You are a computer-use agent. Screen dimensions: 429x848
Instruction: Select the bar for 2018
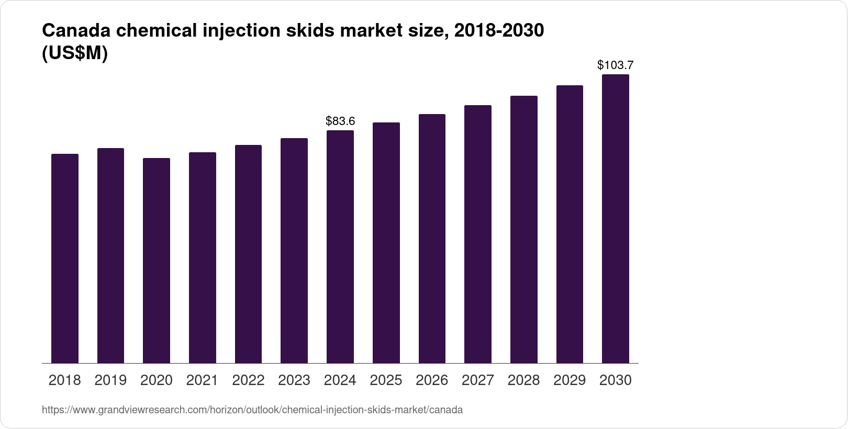pyautogui.click(x=65, y=258)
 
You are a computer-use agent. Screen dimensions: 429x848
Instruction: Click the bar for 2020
pyautogui.click(x=157, y=261)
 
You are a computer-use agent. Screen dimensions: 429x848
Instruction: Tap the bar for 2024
pyautogui.click(x=340, y=247)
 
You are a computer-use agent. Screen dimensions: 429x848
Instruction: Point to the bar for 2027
pyautogui.click(x=478, y=234)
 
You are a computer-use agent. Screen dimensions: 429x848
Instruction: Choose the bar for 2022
pyautogui.click(x=248, y=254)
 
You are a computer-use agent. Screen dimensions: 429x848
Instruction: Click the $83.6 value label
pyautogui.click(x=340, y=121)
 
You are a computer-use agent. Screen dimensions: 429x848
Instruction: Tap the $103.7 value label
pyautogui.click(x=616, y=65)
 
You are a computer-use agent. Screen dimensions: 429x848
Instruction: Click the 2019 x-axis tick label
pyautogui.click(x=110, y=380)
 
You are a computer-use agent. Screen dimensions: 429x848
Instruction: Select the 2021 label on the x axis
pyautogui.click(x=202, y=380)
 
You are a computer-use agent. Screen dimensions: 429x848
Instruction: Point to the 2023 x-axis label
pyautogui.click(x=294, y=380)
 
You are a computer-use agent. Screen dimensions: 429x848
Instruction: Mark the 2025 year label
pyautogui.click(x=386, y=380)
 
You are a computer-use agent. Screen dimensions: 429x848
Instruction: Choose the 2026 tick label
pyautogui.click(x=432, y=380)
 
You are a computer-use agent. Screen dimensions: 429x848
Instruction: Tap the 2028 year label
pyautogui.click(x=523, y=380)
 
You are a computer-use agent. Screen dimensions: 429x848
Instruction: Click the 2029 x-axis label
pyautogui.click(x=570, y=380)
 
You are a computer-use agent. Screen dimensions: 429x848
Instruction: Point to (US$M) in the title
pyautogui.click(x=74, y=53)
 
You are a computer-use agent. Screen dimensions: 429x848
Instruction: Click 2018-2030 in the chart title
pyautogui.click(x=499, y=31)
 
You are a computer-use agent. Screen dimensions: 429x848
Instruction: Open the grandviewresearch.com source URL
pyautogui.click(x=252, y=410)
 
